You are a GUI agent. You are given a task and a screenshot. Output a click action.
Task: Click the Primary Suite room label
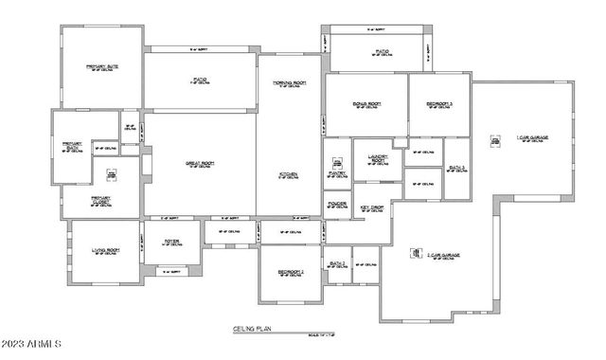(101, 66)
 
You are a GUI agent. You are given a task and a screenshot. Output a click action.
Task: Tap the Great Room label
(200, 163)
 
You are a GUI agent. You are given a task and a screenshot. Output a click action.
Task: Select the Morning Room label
(288, 84)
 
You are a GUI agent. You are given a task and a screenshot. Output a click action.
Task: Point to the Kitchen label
(289, 174)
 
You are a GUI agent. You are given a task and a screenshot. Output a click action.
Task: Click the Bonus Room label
(366, 102)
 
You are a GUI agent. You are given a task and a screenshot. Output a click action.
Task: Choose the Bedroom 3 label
(438, 102)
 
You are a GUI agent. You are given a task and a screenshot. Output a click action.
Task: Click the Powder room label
(336, 204)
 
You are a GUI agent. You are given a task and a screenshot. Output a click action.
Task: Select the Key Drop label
(370, 208)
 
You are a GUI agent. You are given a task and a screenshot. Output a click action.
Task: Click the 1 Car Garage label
(532, 138)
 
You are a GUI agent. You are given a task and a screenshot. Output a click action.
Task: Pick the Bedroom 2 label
(291, 272)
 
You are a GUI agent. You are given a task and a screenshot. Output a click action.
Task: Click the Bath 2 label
(336, 262)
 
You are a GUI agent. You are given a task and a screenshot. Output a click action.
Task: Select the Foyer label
(171, 241)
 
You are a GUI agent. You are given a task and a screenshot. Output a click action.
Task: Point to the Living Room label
(104, 251)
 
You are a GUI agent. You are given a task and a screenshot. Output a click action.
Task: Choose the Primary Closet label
(100, 200)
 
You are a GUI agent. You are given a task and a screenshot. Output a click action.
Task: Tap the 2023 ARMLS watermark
(32, 345)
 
